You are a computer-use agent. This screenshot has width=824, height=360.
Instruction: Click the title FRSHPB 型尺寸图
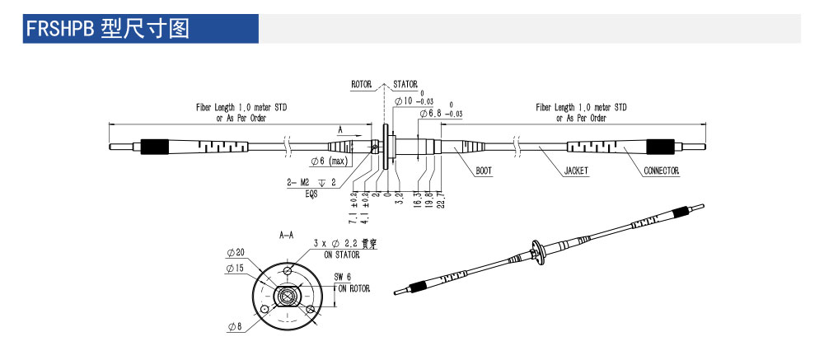point(108,29)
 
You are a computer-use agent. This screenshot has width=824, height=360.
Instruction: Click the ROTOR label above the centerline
point(362,84)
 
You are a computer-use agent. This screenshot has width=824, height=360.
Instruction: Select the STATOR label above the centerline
point(405,84)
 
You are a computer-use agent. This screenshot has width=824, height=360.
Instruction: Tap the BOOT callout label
point(485,171)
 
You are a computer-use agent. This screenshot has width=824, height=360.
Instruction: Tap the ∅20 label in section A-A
point(235,253)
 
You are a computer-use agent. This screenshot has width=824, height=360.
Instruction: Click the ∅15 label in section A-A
point(233,268)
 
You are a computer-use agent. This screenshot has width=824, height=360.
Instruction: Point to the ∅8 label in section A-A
point(236,327)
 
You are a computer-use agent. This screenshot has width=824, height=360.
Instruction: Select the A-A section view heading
point(287,235)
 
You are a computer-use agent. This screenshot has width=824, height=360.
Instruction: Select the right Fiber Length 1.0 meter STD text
point(581,108)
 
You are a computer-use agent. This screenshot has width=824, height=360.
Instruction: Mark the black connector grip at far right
point(660,148)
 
